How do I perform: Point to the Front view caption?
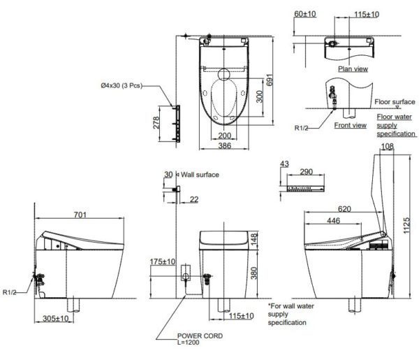point(350,126)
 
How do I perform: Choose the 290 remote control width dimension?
point(305,171)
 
